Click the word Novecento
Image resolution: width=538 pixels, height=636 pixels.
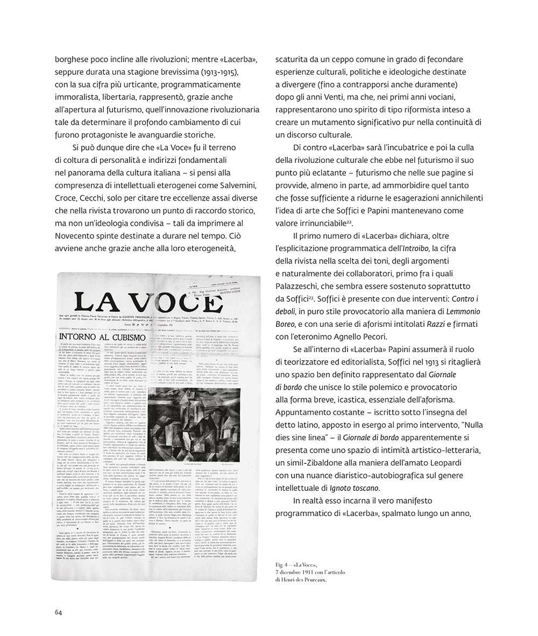pos(79,235)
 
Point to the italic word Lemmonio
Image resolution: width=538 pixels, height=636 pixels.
pos(459,311)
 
